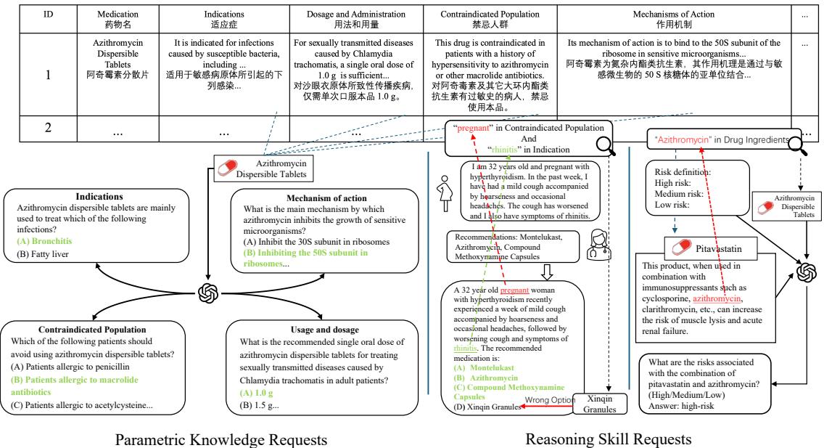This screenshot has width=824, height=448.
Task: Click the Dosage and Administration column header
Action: tap(357, 17)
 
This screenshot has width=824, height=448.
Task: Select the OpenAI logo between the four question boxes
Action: tap(208, 296)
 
